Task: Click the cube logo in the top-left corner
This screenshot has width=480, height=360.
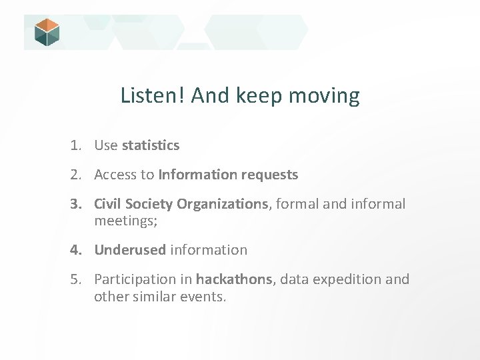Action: [47, 32]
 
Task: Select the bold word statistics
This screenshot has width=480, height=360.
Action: [151, 145]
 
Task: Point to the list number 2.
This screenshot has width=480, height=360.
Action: [77, 175]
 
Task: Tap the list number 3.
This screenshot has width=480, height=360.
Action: [77, 204]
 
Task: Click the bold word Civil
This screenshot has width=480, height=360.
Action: [109, 204]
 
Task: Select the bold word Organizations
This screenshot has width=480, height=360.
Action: [222, 204]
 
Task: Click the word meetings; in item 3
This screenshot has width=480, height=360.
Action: [126, 220]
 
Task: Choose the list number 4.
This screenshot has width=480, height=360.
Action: [77, 250]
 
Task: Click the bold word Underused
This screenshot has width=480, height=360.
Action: [130, 250]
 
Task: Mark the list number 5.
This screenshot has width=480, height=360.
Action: [77, 279]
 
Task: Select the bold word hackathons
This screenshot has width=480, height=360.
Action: [234, 279]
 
